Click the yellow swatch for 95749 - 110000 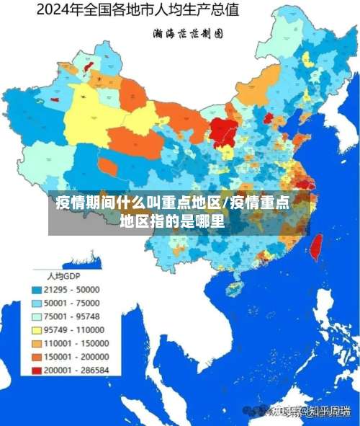point(37,329)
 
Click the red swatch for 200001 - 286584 point(37,370)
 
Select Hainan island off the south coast point(233,288)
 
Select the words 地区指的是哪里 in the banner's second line point(172,221)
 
